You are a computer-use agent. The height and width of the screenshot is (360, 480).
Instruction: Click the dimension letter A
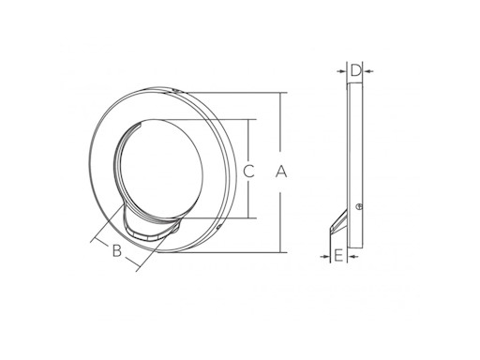point(281,172)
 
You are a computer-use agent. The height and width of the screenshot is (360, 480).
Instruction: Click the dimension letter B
point(117,250)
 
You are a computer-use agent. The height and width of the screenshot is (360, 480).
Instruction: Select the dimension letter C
point(248,172)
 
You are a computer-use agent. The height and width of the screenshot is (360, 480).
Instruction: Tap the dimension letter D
point(355,70)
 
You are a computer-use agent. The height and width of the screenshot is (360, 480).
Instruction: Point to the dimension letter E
point(338,256)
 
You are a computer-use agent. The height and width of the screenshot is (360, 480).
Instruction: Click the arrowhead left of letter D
point(343,71)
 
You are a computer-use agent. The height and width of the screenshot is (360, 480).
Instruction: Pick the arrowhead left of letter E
point(326,257)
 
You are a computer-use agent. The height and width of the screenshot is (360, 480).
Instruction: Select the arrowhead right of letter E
point(352,257)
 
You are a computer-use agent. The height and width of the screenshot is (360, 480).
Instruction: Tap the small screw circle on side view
point(359,206)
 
